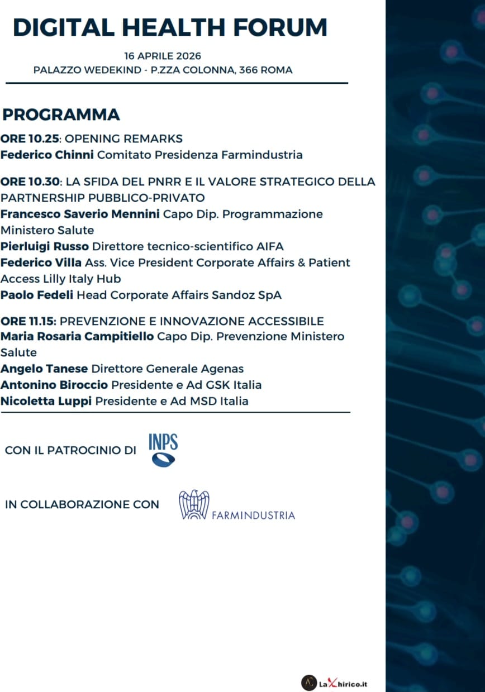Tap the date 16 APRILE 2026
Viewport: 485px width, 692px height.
click(x=163, y=56)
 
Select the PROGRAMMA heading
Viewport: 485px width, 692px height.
click(x=61, y=114)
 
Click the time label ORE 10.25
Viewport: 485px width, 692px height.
click(x=30, y=139)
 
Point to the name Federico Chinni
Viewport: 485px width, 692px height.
click(x=47, y=155)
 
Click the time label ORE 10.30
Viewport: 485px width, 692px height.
click(x=30, y=182)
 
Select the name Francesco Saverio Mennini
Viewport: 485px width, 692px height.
click(x=80, y=214)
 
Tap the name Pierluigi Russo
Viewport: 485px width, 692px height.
click(x=45, y=246)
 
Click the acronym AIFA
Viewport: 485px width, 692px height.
click(x=269, y=246)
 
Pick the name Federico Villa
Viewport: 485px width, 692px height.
click(x=41, y=263)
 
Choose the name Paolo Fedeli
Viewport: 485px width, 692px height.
click(x=37, y=295)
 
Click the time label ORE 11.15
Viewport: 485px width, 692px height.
click(x=28, y=321)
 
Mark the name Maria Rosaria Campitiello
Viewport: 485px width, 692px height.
click(x=77, y=336)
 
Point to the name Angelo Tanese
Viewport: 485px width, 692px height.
click(x=44, y=369)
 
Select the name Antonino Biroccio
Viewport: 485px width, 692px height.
click(x=54, y=385)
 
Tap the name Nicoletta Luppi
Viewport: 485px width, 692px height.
click(x=46, y=402)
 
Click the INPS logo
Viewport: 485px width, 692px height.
click(x=163, y=450)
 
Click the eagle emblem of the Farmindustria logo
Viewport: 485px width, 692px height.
click(x=194, y=504)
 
